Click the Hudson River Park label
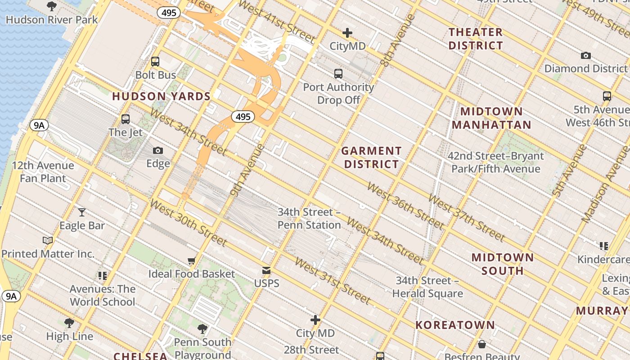coord(52,20)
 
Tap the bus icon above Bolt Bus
coord(155,62)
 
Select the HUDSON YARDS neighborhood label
coord(162,96)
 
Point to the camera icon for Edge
coord(158,151)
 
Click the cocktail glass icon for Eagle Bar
coord(82,212)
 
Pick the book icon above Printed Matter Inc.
coord(48,240)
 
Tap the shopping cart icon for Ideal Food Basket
coord(192,261)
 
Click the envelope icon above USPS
coord(266,270)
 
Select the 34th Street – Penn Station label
coord(309,218)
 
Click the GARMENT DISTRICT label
coord(371,157)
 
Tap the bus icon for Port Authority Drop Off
coord(338,74)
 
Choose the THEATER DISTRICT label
coord(476,39)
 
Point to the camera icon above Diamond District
coord(585,56)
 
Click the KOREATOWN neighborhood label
coord(455,325)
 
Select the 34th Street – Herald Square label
coord(427,287)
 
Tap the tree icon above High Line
coord(69,323)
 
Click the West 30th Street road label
coord(189,223)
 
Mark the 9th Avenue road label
coord(246,171)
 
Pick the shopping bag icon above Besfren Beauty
coord(482,344)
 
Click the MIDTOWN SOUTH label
coord(503,264)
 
